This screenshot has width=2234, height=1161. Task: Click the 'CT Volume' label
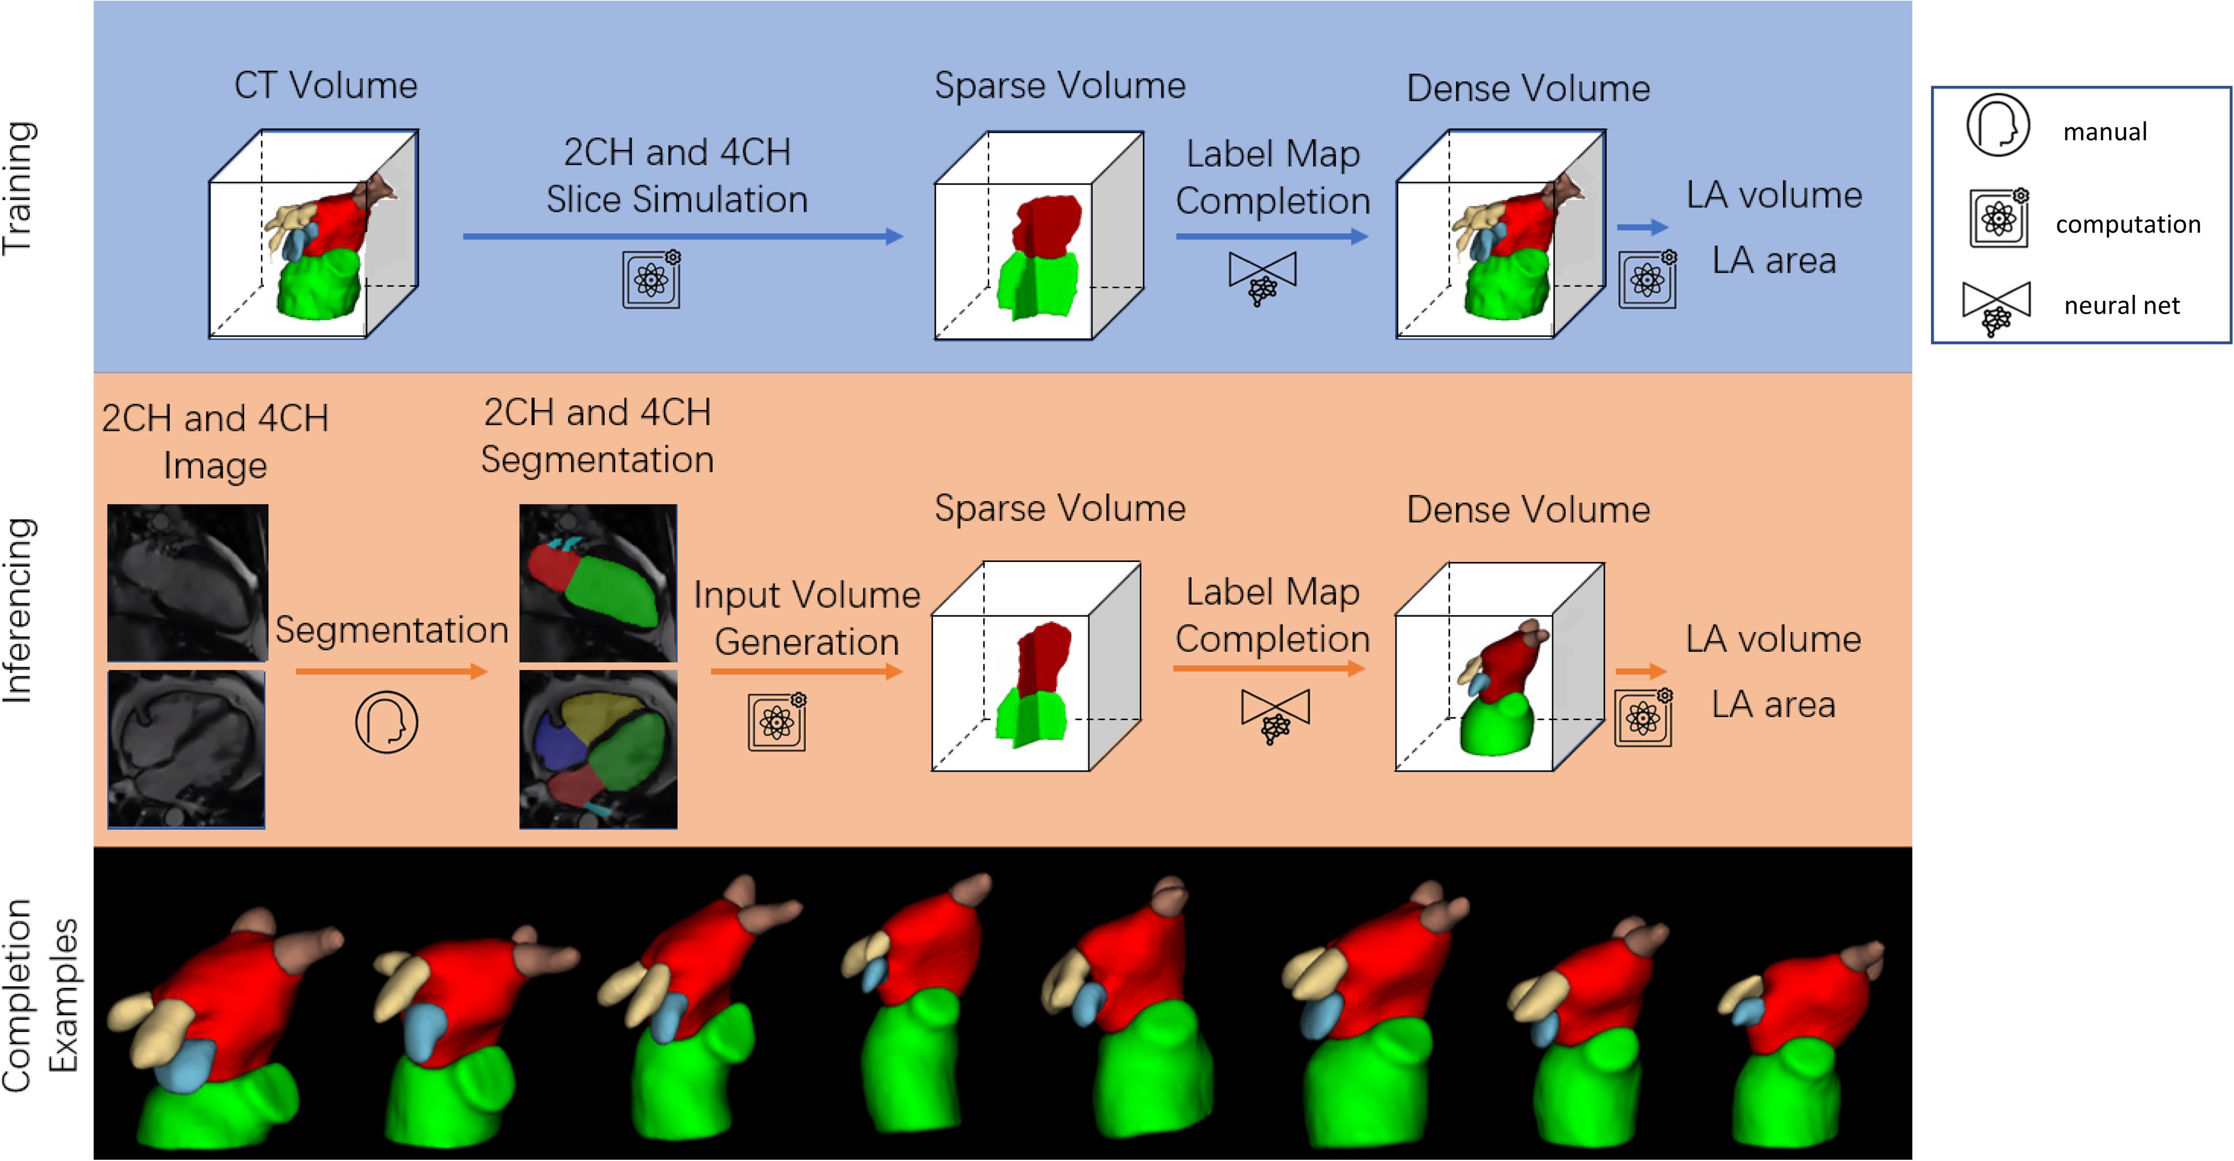pyautogui.click(x=326, y=86)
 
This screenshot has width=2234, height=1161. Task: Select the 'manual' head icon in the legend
pyautogui.click(x=1997, y=126)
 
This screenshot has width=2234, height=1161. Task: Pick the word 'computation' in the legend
pyautogui.click(x=2128, y=225)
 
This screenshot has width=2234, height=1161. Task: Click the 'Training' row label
pyautogui.click(x=19, y=188)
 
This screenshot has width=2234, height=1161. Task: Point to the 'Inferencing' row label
pyautogui.click(x=19, y=609)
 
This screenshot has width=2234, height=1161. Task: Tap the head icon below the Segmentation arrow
pyautogui.click(x=387, y=721)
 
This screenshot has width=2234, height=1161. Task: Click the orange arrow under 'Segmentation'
pyautogui.click(x=391, y=671)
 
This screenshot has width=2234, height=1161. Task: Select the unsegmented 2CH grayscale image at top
pyautogui.click(x=188, y=583)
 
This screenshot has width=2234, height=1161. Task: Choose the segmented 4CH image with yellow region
pyautogui.click(x=598, y=749)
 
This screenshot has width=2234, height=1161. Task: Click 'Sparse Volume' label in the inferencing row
pyautogui.click(x=1060, y=508)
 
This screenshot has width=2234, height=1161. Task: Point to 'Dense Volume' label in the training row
pyautogui.click(x=1528, y=89)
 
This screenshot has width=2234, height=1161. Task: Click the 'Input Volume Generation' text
pyautogui.click(x=807, y=618)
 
